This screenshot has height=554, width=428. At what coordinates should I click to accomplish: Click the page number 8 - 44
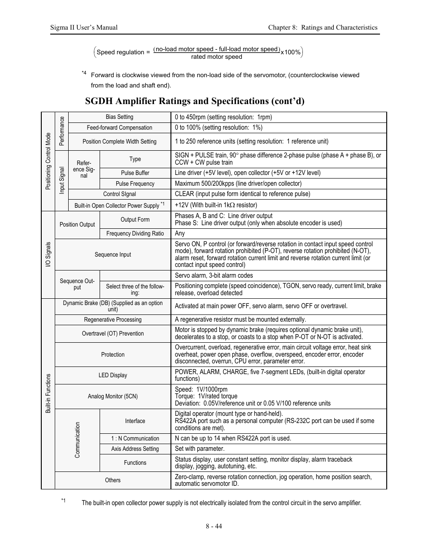tap(214, 526)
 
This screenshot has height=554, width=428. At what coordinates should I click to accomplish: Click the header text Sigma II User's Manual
tap(84, 27)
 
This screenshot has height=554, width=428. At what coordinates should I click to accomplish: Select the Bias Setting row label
tap(119, 117)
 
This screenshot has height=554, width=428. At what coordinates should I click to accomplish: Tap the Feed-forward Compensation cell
tap(119, 128)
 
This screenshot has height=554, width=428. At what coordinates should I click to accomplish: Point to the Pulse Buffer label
tap(135, 173)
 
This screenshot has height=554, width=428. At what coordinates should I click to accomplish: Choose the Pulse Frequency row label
tap(135, 184)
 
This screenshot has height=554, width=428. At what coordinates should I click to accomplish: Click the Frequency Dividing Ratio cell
tap(135, 234)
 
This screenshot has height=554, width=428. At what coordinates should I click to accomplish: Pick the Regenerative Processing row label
tap(113, 320)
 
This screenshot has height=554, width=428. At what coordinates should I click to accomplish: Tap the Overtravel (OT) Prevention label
tap(113, 334)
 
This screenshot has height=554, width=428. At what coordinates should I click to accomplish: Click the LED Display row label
tap(113, 375)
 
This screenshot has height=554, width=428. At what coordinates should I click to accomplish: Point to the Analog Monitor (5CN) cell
tap(113, 397)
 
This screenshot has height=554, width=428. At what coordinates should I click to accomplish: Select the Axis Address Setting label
tap(135, 449)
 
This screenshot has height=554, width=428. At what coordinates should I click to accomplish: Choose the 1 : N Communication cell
tap(135, 439)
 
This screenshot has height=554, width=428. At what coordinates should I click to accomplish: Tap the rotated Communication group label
tap(77, 440)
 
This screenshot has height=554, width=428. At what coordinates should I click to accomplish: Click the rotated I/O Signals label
tap(48, 255)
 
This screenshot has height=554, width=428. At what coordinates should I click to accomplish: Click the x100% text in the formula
tap(291, 52)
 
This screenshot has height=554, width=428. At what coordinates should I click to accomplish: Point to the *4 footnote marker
tap(84, 73)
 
